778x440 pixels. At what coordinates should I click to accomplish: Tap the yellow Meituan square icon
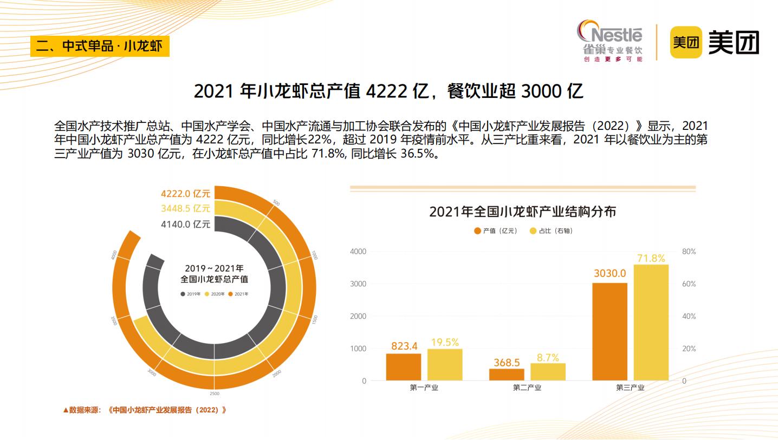(x=686, y=42)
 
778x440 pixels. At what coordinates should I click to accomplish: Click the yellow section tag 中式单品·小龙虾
(x=100, y=46)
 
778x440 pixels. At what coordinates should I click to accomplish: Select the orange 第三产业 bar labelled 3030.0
(x=610, y=331)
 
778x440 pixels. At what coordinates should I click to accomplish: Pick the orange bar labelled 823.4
(x=404, y=366)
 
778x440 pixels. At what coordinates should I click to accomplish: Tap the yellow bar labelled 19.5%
(x=445, y=364)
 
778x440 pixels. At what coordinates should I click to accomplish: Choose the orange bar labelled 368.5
(x=507, y=374)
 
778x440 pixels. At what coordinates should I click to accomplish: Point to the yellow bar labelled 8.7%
(x=548, y=371)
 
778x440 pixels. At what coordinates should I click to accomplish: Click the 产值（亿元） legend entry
(x=496, y=231)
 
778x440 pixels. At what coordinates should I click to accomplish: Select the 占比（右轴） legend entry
(x=551, y=231)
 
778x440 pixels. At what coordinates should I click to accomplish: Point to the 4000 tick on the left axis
(x=358, y=252)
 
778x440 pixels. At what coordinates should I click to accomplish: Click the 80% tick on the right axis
(x=689, y=252)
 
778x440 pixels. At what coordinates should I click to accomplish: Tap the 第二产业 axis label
(x=527, y=388)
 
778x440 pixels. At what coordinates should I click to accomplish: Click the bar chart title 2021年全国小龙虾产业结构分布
(x=523, y=212)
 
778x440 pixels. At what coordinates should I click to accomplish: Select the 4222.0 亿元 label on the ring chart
(x=185, y=194)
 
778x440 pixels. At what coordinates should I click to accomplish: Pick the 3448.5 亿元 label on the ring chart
(x=185, y=208)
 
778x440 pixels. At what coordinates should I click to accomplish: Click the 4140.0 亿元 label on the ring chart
(x=185, y=224)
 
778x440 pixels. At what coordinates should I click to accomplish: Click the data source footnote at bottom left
(x=145, y=410)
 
